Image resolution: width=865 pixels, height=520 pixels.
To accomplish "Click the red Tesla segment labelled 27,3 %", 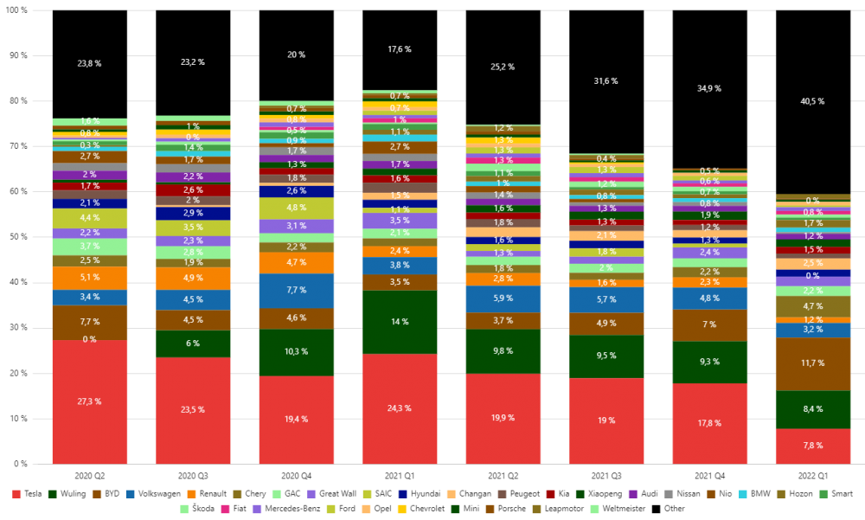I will click(x=89, y=401).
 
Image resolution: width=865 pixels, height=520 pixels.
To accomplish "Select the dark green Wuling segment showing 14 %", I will click(x=400, y=322).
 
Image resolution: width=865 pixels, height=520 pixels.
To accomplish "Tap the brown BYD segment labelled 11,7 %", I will click(x=813, y=363).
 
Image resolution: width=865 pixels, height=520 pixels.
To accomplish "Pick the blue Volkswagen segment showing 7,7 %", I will click(x=296, y=291).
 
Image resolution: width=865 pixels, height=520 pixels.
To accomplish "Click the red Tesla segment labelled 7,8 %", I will click(x=813, y=446).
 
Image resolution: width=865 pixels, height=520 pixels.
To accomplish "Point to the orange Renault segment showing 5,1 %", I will click(x=89, y=278).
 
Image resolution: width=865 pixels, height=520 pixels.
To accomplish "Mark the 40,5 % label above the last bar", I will click(x=813, y=101).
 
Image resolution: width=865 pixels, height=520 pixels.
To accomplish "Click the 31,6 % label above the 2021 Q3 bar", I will click(x=605, y=81).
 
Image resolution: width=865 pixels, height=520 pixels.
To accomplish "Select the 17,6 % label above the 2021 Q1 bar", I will click(x=400, y=49).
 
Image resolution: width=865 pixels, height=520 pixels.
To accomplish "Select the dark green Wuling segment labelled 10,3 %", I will click(x=296, y=352).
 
